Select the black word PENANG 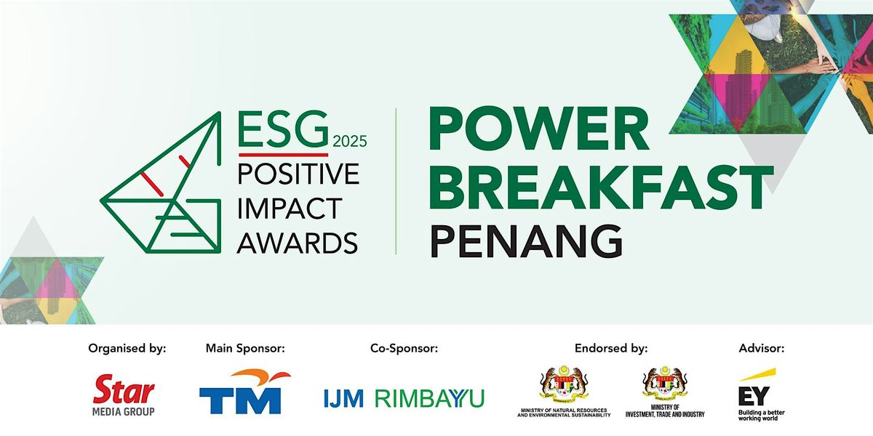tap(525, 240)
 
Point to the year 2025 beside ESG tap(350, 141)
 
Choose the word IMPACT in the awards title tap(289, 209)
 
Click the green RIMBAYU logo tap(429, 398)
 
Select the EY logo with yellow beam tap(760, 394)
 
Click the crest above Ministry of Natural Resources tap(564, 384)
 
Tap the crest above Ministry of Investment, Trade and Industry tap(665, 384)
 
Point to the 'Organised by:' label tap(127, 349)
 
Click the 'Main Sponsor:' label tap(245, 349)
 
